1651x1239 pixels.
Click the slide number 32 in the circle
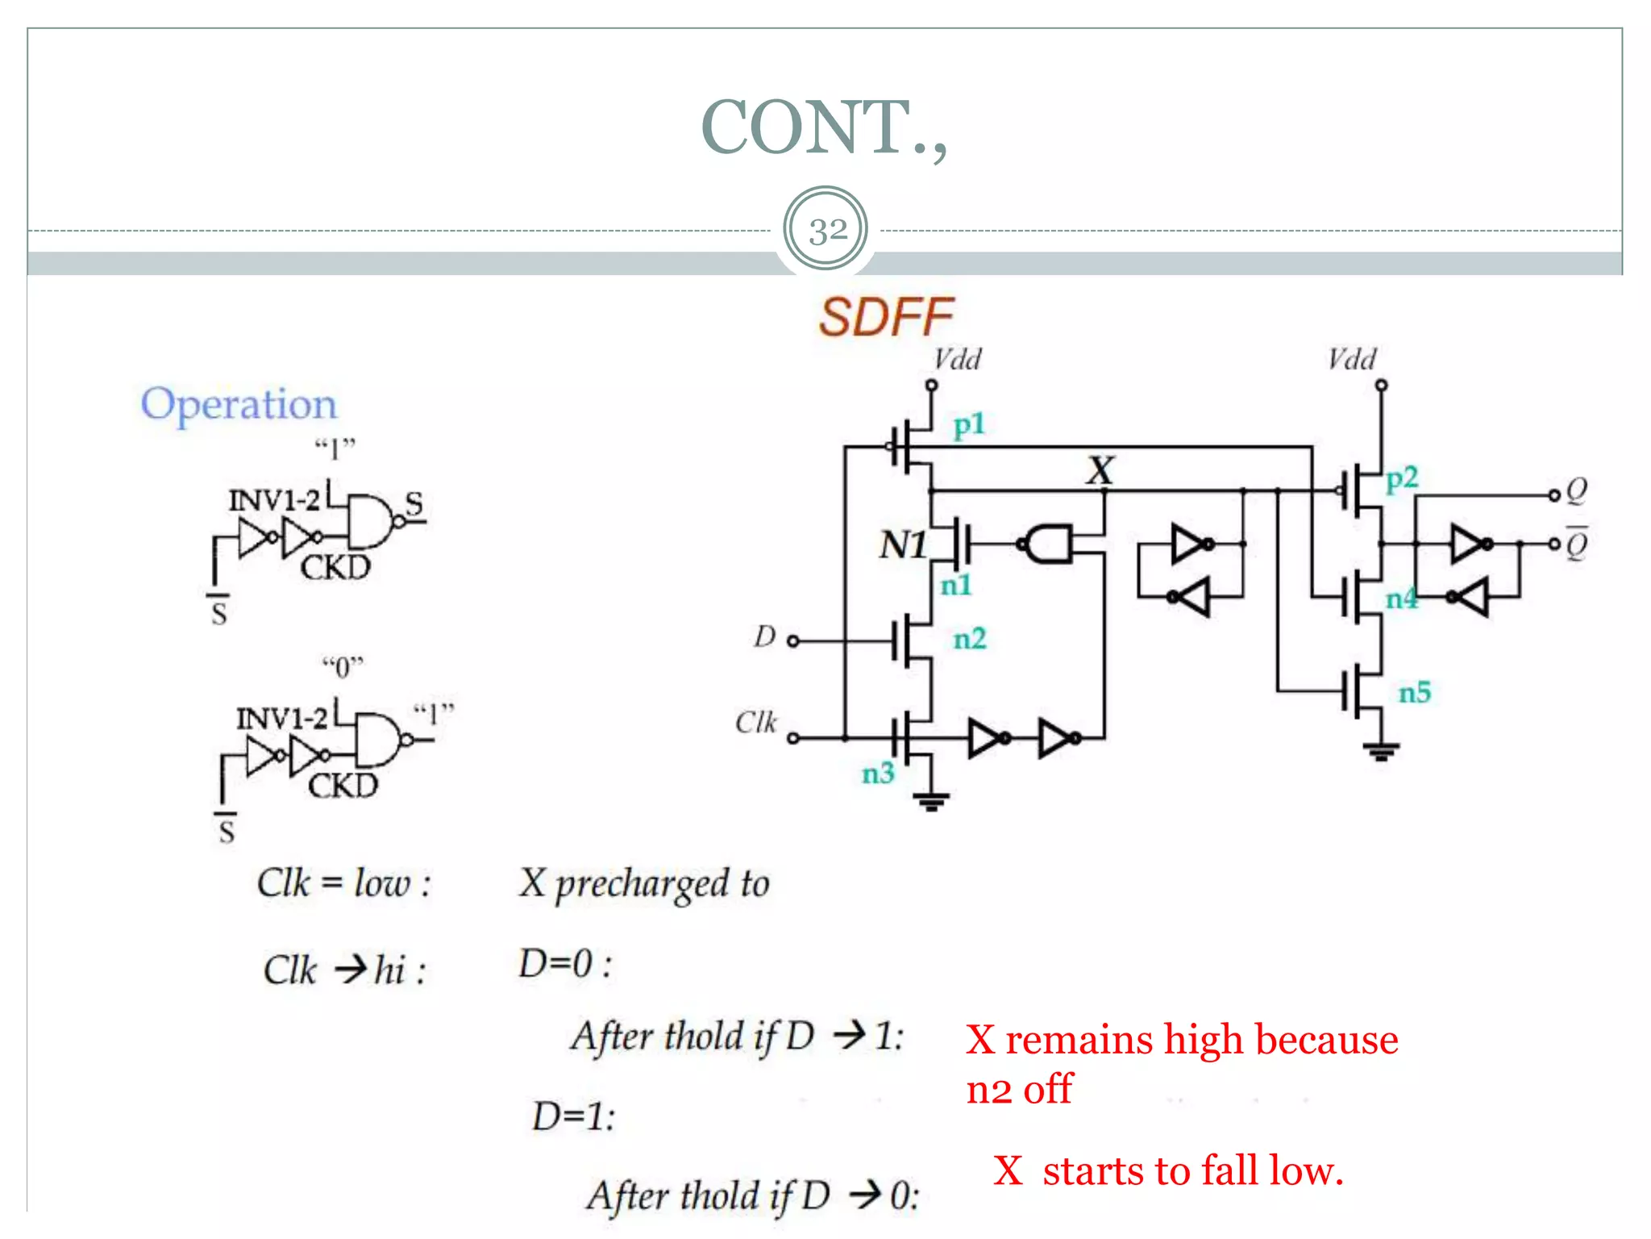[826, 231]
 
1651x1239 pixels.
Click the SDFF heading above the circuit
[886, 317]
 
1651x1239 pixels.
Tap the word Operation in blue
[239, 403]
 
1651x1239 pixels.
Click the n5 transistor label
[1414, 692]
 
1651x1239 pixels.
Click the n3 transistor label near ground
[878, 774]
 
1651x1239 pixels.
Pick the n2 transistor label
[969, 639]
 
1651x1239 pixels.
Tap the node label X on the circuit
[1100, 470]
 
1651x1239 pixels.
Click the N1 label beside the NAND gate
[902, 545]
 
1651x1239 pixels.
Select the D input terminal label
[764, 637]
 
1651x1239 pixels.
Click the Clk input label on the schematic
[755, 722]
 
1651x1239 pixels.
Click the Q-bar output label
[1576, 544]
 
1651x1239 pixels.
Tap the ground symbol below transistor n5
[1381, 752]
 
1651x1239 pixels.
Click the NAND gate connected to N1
[1048, 544]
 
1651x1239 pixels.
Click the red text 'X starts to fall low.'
[1167, 1170]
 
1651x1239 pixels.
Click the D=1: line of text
[573, 1116]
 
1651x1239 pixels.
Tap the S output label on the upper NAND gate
[414, 503]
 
